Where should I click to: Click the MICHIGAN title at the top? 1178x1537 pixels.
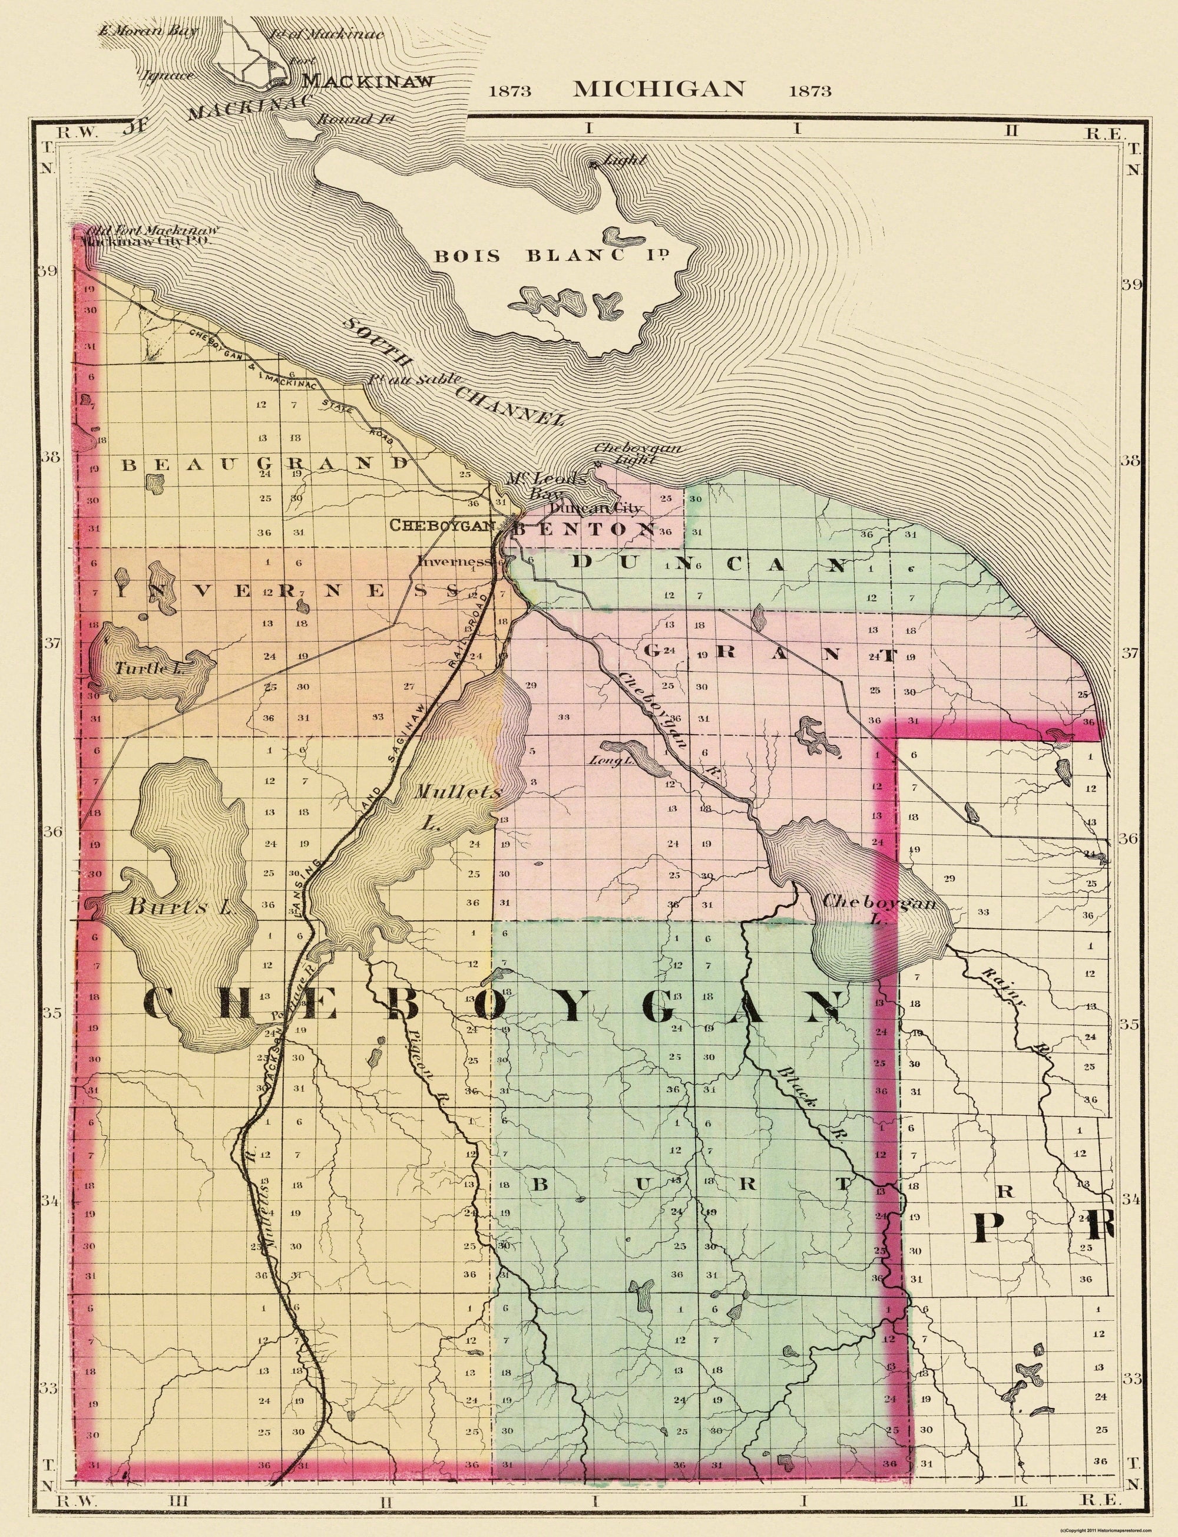(x=659, y=89)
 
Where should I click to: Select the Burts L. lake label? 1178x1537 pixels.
(x=180, y=907)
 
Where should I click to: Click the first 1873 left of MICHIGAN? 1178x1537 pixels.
(x=509, y=91)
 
